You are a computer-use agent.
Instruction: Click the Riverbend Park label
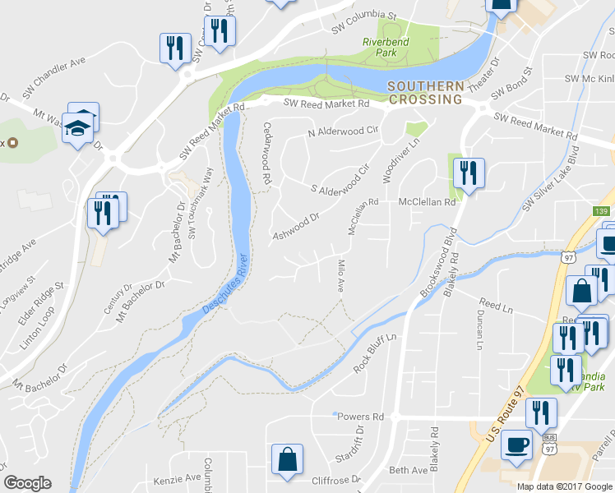(x=381, y=47)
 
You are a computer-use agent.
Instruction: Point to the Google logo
(x=27, y=483)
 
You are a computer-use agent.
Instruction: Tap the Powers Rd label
(x=361, y=417)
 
